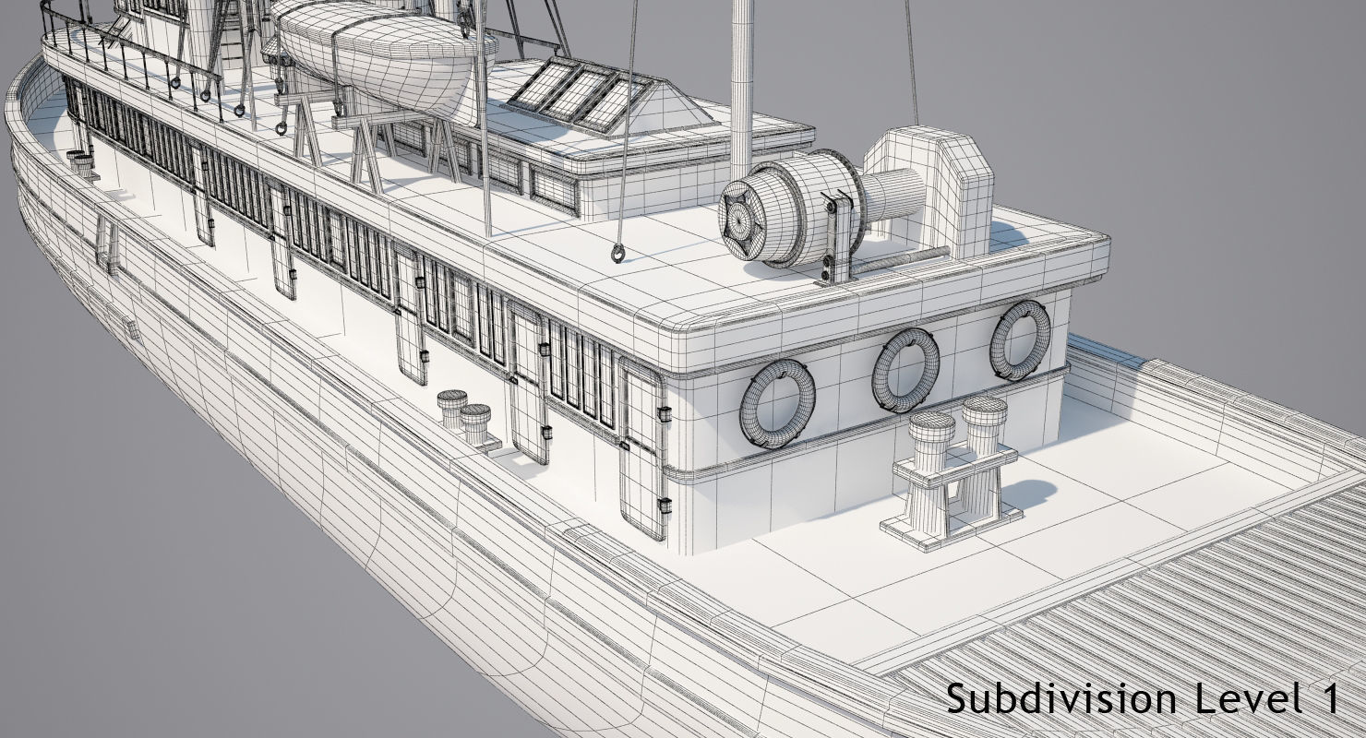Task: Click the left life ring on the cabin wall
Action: click(778, 403)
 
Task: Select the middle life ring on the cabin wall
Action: click(905, 369)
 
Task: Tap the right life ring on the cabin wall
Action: click(1021, 339)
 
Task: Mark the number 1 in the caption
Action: click(1325, 697)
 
